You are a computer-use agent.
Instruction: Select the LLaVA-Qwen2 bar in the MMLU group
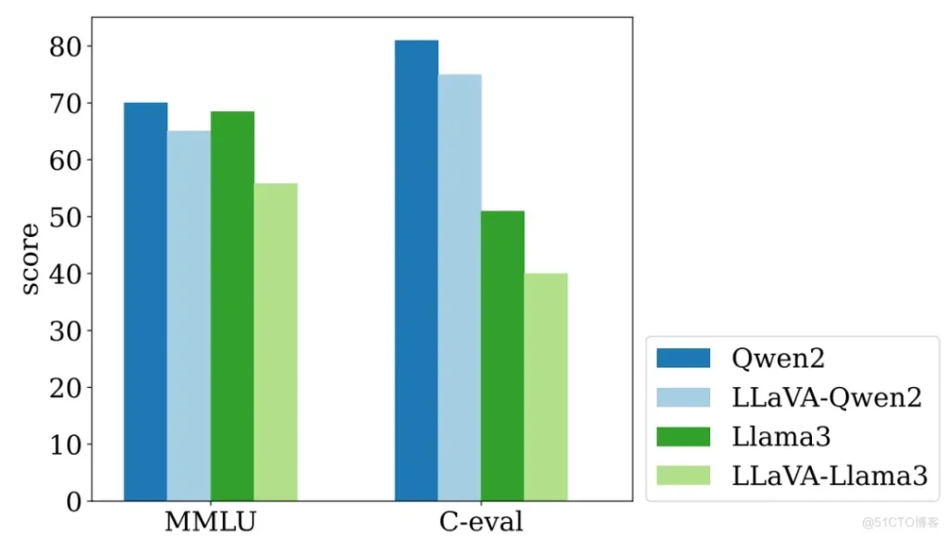click(x=189, y=316)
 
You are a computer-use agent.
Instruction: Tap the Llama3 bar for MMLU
click(x=232, y=306)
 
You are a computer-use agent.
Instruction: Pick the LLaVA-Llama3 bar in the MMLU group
click(x=276, y=343)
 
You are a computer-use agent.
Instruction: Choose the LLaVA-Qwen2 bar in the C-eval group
click(x=460, y=288)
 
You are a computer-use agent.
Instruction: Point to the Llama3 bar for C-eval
click(x=502, y=356)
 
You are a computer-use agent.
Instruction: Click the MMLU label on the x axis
click(x=210, y=520)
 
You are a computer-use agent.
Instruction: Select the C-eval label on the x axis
click(x=481, y=520)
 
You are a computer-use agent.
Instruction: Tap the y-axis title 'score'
click(x=31, y=258)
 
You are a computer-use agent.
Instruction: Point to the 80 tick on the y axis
click(x=67, y=46)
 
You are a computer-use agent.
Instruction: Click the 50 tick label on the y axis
click(x=67, y=217)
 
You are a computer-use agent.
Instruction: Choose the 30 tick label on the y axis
click(x=67, y=331)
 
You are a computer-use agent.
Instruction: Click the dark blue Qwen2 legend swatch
click(x=683, y=358)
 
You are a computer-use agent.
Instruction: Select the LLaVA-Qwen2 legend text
click(x=826, y=397)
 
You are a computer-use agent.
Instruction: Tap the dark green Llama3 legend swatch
click(x=683, y=436)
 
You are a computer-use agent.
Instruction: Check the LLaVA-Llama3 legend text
click(x=829, y=475)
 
